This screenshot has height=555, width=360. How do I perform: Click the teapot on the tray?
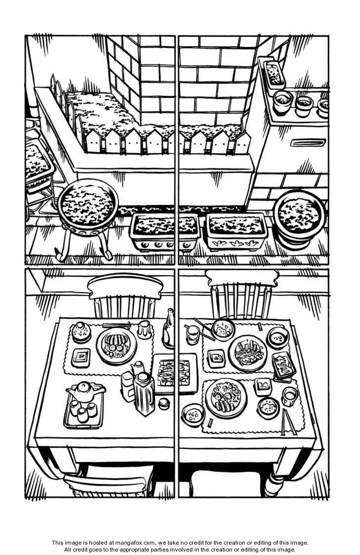pyautogui.click(x=86, y=390)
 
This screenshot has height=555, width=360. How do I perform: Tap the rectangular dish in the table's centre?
pyautogui.click(x=174, y=373)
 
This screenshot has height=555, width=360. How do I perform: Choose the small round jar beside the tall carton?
pyautogui.click(x=164, y=403)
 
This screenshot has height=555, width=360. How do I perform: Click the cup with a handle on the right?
pyautogui.click(x=290, y=395)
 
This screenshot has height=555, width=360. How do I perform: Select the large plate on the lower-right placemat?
pyautogui.click(x=226, y=398)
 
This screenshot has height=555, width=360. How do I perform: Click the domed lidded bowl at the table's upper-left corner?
pyautogui.click(x=81, y=332)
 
